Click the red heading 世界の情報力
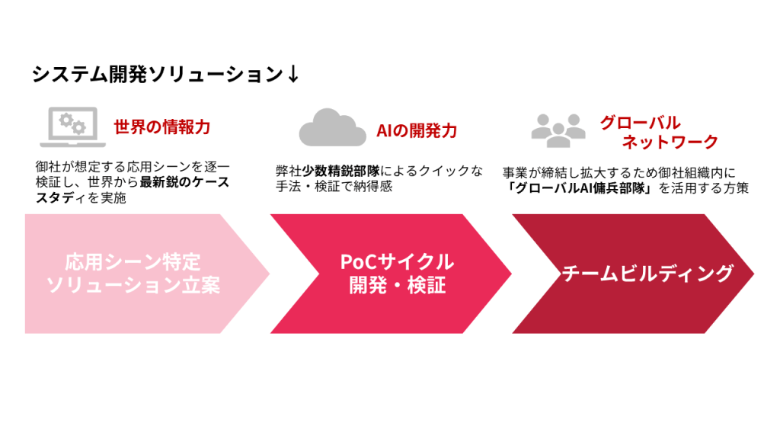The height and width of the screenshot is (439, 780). coord(161,127)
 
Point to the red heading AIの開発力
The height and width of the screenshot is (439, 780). coord(417,130)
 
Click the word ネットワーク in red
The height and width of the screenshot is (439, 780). coord(670,142)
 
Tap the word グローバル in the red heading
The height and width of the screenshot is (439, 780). coord(640,123)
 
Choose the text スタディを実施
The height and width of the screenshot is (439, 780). coord(80,198)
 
